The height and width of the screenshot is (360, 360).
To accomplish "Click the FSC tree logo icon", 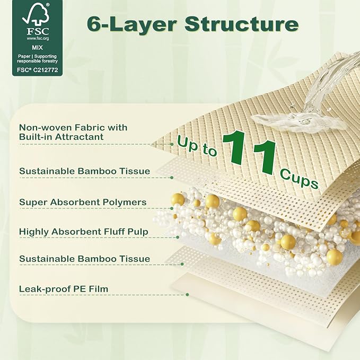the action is pyautogui.click(x=36, y=14).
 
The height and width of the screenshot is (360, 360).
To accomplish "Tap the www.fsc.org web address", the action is pyautogui.click(x=38, y=39).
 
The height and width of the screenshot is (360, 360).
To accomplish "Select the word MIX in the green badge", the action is pyautogui.click(x=37, y=48).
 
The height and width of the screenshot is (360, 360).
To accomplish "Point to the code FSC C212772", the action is pyautogui.click(x=38, y=70).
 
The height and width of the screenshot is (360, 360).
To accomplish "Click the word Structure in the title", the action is pyautogui.click(x=242, y=24).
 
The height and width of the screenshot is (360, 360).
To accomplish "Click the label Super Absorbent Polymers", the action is pyautogui.click(x=83, y=203).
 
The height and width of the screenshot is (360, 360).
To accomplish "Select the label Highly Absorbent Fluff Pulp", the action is pyautogui.click(x=84, y=232).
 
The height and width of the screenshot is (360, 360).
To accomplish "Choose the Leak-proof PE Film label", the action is pyautogui.click(x=64, y=289).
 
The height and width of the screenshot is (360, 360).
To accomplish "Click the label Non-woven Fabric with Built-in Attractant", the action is pyautogui.click(x=73, y=132).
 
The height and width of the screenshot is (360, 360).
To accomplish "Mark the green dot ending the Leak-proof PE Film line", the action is pyautogui.click(x=188, y=295).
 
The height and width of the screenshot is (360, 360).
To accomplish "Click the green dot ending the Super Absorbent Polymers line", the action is pyautogui.click(x=172, y=208).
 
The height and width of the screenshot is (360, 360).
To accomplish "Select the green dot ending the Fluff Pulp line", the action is pyautogui.click(x=178, y=237).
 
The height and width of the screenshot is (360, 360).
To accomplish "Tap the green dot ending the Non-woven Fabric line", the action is pyautogui.click(x=172, y=144).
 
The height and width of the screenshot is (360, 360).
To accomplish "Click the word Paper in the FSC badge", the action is pyautogui.click(x=24, y=56).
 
